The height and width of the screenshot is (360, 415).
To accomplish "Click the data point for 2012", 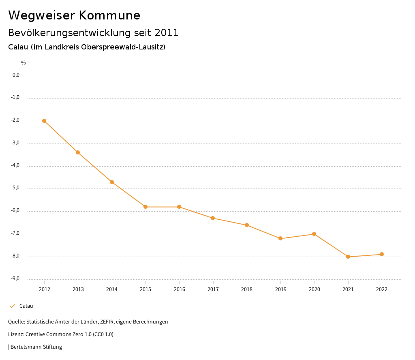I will (44, 121).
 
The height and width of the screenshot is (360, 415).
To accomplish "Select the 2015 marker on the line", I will (145, 207).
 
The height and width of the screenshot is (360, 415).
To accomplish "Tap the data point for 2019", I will (280, 238).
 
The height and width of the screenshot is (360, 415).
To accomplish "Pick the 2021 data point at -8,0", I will (348, 257).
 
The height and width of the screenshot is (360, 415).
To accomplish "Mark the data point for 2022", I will (382, 254).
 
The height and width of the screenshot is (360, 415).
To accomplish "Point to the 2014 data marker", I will (112, 182).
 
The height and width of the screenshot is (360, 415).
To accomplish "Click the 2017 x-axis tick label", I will (213, 289).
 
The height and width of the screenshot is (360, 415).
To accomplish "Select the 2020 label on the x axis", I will (314, 289).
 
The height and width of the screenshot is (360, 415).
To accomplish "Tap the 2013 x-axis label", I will (78, 289).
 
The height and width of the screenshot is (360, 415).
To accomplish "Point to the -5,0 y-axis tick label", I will (15, 188).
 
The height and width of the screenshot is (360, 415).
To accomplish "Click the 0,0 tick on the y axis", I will (16, 75).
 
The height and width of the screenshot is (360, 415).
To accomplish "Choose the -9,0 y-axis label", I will (15, 279).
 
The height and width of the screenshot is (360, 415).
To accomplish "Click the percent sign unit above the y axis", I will (24, 63).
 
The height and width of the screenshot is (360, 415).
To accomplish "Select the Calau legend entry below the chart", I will (26, 306).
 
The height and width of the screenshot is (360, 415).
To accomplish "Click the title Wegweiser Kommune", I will (74, 15).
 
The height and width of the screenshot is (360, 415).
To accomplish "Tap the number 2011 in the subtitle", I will (166, 33).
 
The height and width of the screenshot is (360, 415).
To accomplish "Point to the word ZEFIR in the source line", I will (107, 322).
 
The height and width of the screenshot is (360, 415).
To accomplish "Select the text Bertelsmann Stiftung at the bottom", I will (36, 347).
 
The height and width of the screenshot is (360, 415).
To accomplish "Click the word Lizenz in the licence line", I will (15, 334).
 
